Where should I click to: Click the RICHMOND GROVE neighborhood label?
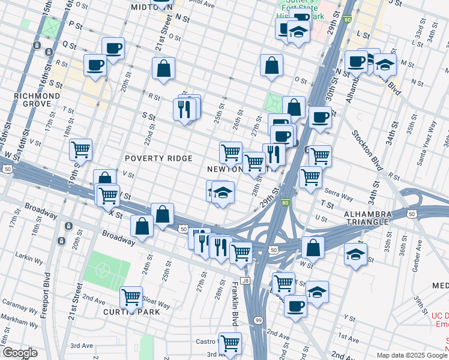pyautogui.click(x=37, y=100)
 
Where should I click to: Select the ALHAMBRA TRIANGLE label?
pyautogui.click(x=368, y=218)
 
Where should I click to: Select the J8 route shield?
pyautogui.click(x=244, y=280)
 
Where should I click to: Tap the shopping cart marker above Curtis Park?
pyautogui.click(x=131, y=296)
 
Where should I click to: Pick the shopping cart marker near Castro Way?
pyautogui.click(x=230, y=343)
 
